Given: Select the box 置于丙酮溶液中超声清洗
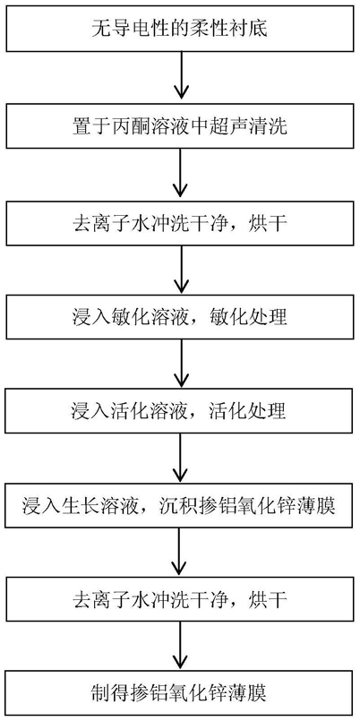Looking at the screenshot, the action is pos(180,126).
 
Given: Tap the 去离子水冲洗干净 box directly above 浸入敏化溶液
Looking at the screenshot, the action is pos(180,222).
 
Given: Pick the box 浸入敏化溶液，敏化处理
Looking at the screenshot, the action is pos(180,318).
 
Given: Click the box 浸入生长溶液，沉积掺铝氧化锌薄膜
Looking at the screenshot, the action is pos(180,506).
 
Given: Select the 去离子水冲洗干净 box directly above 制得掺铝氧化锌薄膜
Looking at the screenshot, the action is pos(180,599).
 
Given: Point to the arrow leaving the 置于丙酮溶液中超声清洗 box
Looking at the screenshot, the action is pos(180,175).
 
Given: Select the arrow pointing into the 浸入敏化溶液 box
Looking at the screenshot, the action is pos(180,270).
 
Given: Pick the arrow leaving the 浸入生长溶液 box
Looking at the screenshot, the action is pos(180,553).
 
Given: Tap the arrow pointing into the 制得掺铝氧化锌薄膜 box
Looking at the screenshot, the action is pos(180,647).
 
